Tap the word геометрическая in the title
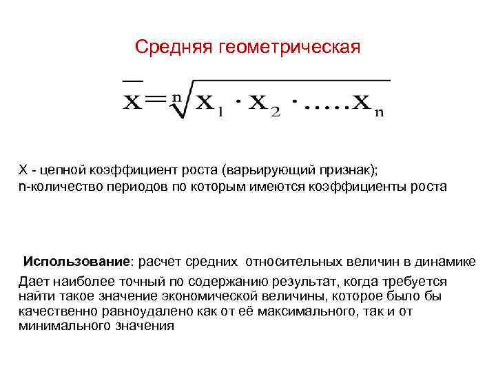click(289, 48)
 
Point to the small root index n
click(176, 97)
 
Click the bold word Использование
click(76, 262)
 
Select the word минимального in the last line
click(58, 326)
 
